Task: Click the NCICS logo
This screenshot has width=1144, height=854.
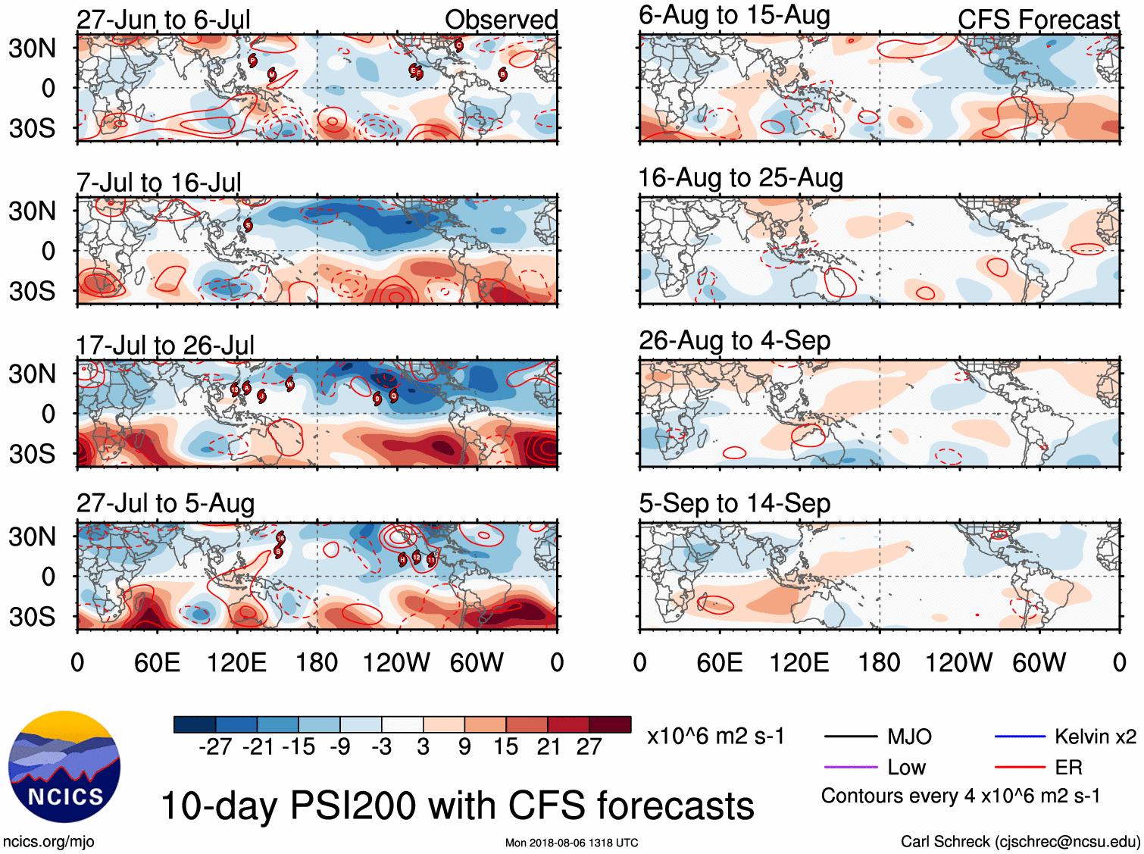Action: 64,767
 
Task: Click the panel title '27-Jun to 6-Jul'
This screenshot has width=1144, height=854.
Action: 164,20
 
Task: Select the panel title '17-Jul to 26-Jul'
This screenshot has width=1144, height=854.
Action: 165,346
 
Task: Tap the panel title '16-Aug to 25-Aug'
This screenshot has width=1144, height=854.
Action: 740,178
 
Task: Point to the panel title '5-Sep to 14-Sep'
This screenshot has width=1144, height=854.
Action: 734,503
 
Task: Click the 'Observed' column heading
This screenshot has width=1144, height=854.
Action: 501,20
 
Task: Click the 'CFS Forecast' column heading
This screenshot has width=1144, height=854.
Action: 1038,20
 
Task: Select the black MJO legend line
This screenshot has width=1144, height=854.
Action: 850,737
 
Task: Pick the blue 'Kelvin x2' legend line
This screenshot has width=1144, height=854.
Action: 1020,737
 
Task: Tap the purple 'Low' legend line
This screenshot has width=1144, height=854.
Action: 850,768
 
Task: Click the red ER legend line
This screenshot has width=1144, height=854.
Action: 1020,768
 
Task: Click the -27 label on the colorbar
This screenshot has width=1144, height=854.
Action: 215,747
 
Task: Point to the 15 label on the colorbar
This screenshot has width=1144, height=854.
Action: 505,747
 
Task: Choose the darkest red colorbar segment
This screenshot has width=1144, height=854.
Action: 610,724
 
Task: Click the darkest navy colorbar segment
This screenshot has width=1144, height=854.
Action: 195,724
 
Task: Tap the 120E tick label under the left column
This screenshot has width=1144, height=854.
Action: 236,663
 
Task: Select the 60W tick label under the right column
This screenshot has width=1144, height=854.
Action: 1039,663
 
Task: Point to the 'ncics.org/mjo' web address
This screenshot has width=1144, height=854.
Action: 48,842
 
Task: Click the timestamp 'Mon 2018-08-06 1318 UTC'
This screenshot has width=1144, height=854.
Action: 571,843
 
